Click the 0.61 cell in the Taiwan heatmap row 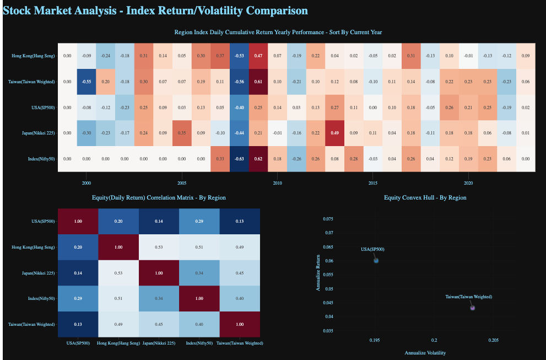(x=258, y=82)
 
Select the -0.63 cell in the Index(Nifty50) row (x=239, y=159)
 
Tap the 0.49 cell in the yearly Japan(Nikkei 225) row (x=334, y=133)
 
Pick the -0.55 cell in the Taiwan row (x=87, y=82)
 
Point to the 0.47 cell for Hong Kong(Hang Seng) (x=258, y=56)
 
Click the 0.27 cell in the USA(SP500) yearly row (x=334, y=108)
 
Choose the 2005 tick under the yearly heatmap (x=182, y=182)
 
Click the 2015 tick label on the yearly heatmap (x=372, y=182)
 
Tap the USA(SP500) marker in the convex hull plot (x=376, y=261)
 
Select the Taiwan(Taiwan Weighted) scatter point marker (x=472, y=308)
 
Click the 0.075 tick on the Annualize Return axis (x=327, y=219)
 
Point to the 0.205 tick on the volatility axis (x=493, y=341)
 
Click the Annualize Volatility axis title (x=425, y=352)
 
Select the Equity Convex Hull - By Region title (x=425, y=197)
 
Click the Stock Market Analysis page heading (x=155, y=10)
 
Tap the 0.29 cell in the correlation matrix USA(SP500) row (x=199, y=221)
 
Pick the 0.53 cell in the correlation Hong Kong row (x=159, y=247)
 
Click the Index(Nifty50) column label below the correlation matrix (x=199, y=343)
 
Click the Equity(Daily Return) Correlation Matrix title (x=159, y=197)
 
